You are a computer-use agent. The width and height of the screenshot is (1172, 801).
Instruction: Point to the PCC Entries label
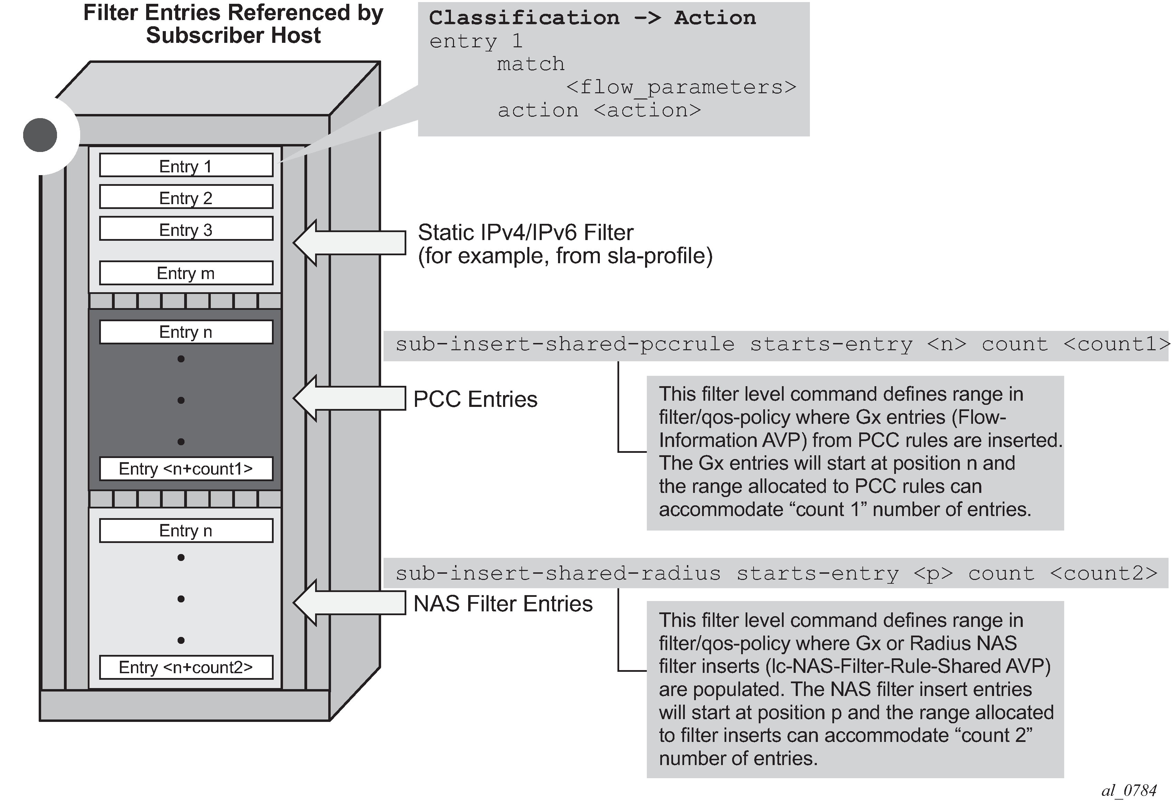[475, 399]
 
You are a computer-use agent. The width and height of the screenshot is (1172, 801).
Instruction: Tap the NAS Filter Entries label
[503, 603]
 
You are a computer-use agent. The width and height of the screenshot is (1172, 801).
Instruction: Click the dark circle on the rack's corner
[40, 135]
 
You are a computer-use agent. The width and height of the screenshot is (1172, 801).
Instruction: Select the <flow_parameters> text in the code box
[681, 87]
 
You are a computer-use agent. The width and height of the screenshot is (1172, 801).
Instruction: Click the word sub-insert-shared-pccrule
[565, 344]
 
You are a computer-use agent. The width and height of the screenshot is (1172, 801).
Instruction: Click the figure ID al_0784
[1128, 790]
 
